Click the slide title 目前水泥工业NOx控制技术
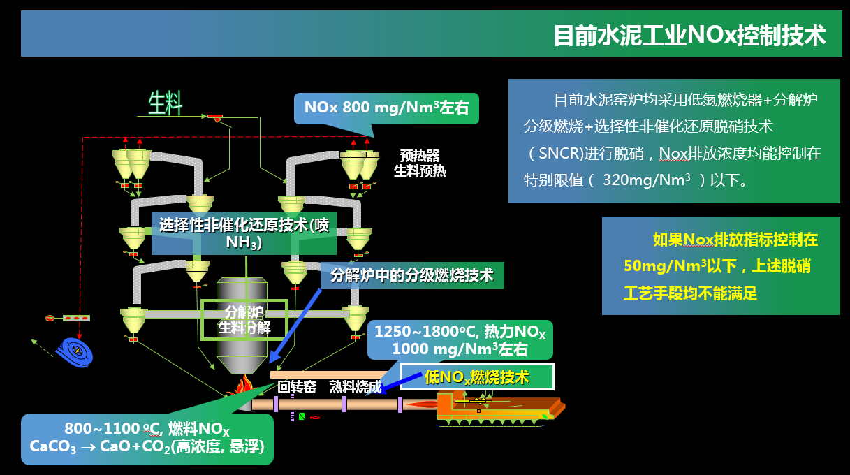(x=689, y=35)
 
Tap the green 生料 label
(x=166, y=103)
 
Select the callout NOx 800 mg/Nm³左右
(x=386, y=108)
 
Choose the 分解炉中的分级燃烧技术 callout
(x=412, y=275)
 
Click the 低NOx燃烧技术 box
(x=477, y=377)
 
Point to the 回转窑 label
(x=297, y=387)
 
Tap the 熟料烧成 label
(x=356, y=387)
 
